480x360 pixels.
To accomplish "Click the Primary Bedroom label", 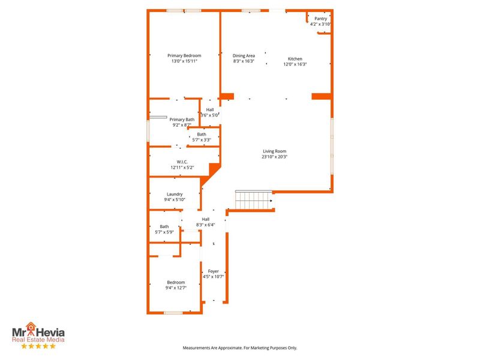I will point(184,55).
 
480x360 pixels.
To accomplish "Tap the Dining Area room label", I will point(244,55).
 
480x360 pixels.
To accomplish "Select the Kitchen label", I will point(295,58).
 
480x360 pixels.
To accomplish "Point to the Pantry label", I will point(320,19).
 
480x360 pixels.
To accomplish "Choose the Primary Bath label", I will point(182,119).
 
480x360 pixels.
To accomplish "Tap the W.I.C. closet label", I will point(182,161).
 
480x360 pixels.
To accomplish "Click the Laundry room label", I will point(175,194).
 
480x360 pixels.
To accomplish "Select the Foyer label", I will point(213,271).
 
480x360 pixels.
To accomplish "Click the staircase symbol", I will point(253,200).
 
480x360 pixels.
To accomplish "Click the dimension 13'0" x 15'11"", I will point(184,61).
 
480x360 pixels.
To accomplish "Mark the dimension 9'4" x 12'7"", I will point(176,288).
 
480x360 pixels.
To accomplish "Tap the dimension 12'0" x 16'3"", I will point(295,64).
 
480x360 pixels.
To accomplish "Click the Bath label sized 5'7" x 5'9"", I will point(164,226).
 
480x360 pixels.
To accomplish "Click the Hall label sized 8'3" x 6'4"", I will point(206,219).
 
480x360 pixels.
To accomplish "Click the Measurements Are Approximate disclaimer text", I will point(240,347).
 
